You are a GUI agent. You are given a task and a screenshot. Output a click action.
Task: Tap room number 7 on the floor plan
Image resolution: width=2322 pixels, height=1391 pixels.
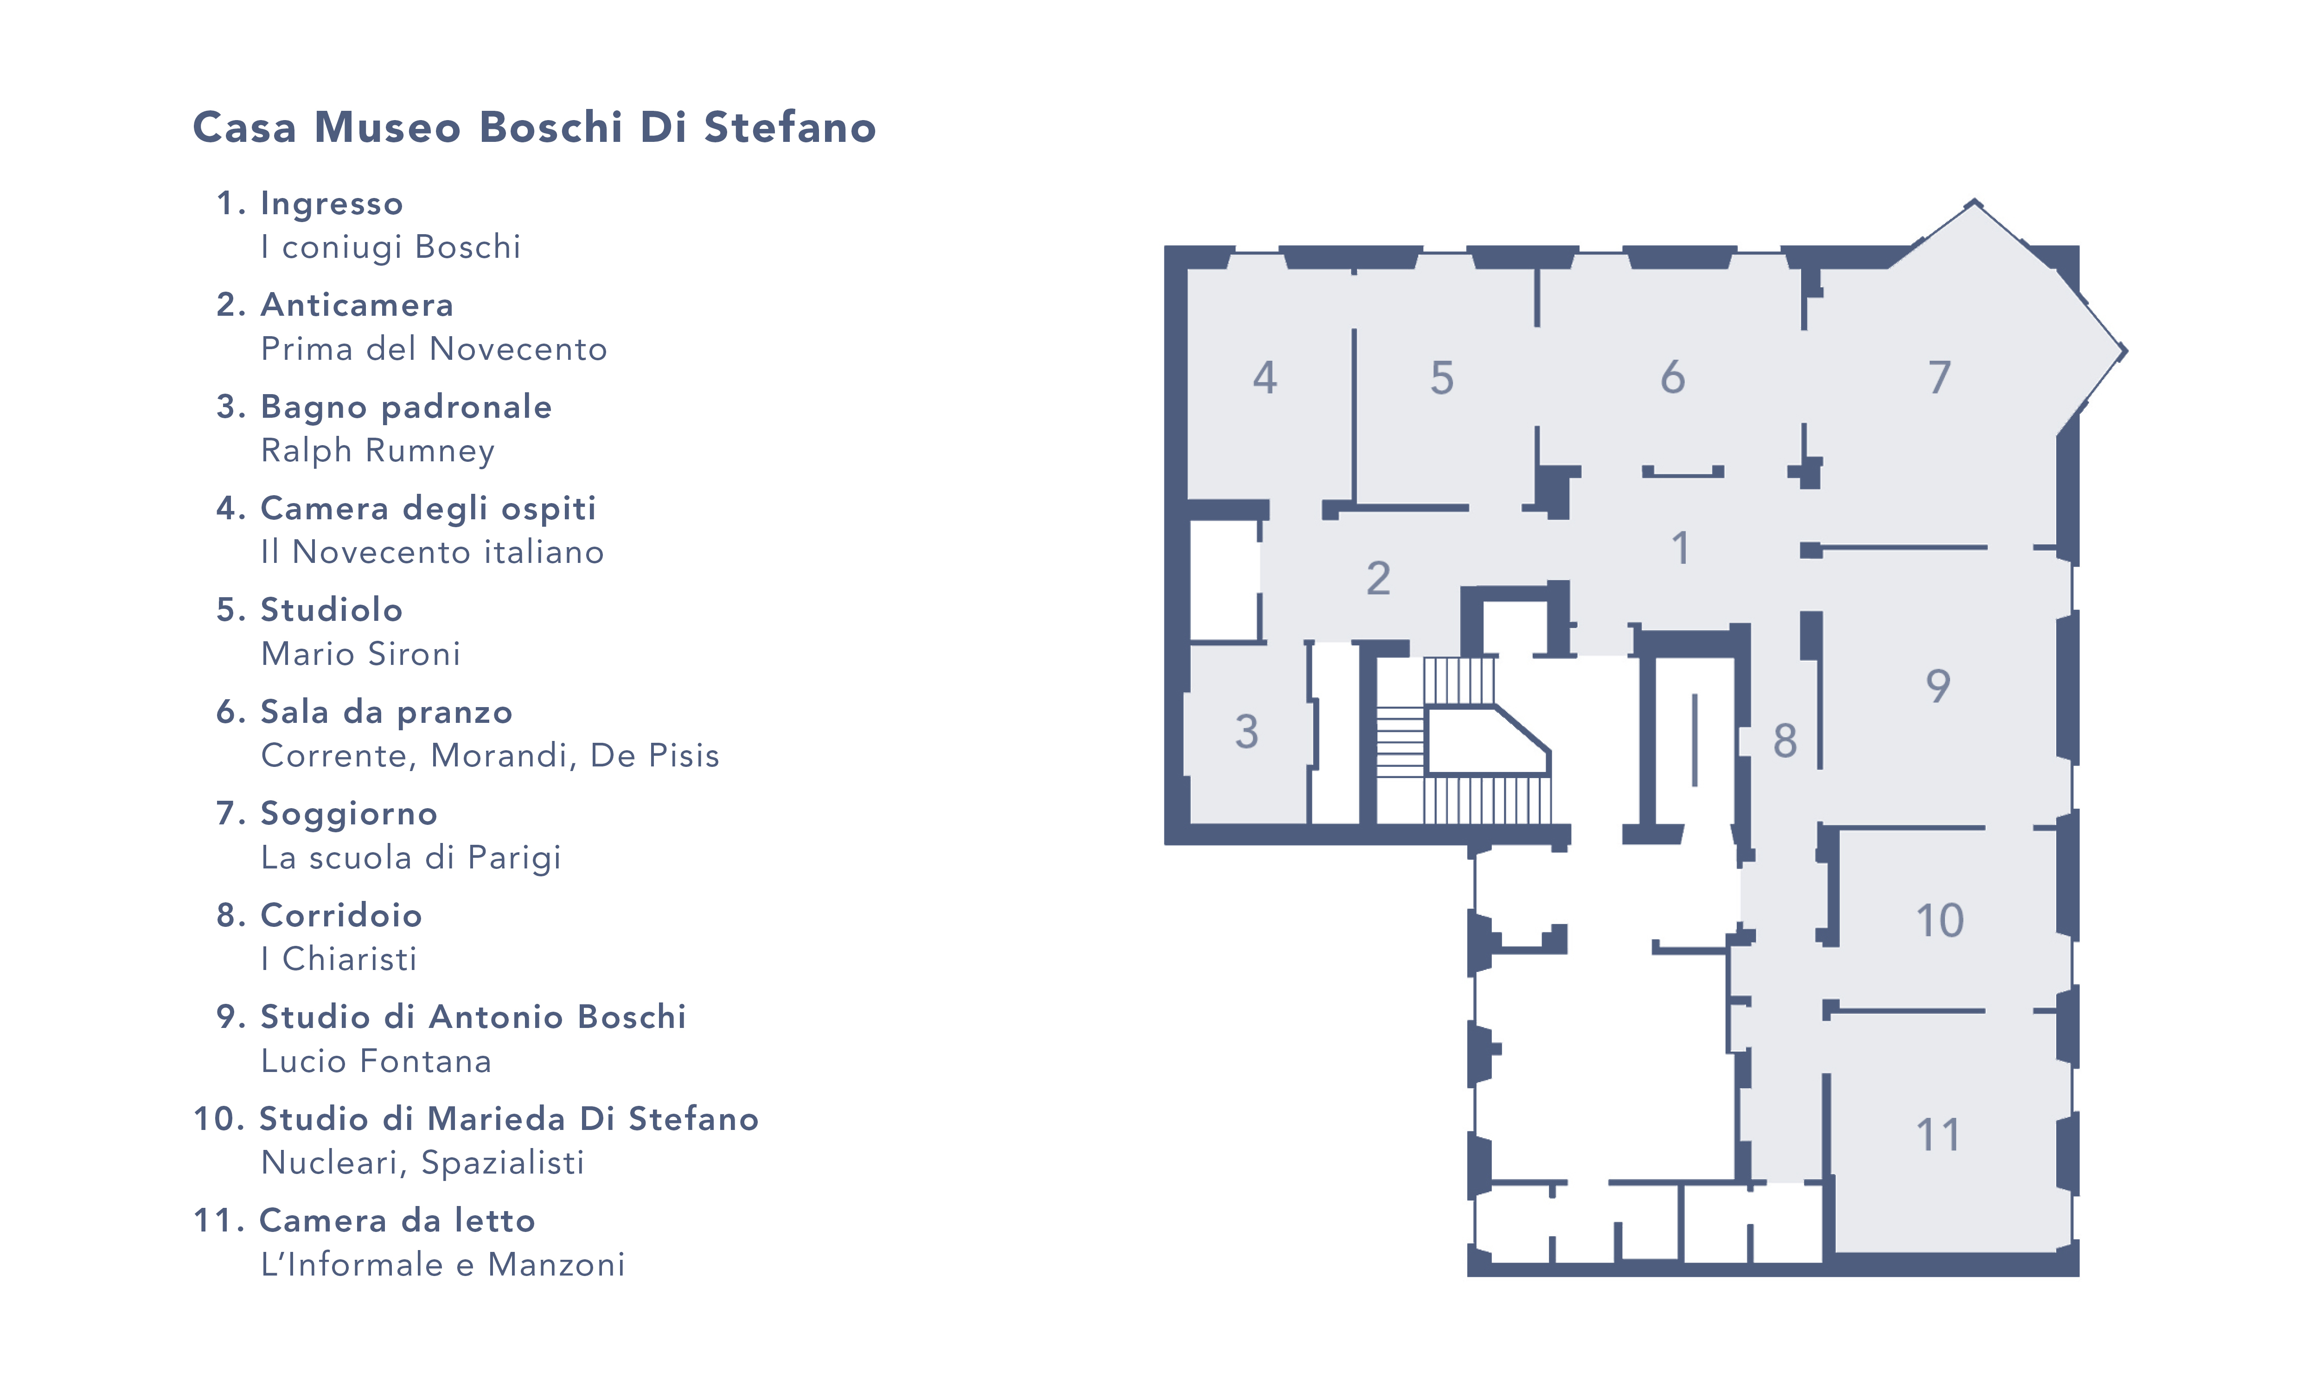(1938, 378)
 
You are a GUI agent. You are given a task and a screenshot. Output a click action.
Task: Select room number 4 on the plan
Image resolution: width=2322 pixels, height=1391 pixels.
(1265, 378)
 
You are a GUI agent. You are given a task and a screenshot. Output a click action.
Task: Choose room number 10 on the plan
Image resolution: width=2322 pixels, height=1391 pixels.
(1938, 920)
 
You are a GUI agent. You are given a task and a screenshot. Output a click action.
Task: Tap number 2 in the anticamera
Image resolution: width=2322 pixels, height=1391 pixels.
(1377, 578)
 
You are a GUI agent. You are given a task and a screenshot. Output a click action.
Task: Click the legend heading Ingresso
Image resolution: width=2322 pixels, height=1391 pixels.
(331, 204)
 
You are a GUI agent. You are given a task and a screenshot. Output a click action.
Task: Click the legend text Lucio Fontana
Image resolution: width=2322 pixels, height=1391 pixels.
(376, 1061)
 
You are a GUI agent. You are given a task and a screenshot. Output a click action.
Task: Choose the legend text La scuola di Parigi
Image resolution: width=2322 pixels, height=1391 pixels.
(410, 858)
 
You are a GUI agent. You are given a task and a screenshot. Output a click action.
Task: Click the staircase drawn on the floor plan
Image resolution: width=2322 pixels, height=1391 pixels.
(1462, 740)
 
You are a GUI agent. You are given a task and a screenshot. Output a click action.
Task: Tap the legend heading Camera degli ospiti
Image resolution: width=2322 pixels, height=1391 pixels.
(428, 508)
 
